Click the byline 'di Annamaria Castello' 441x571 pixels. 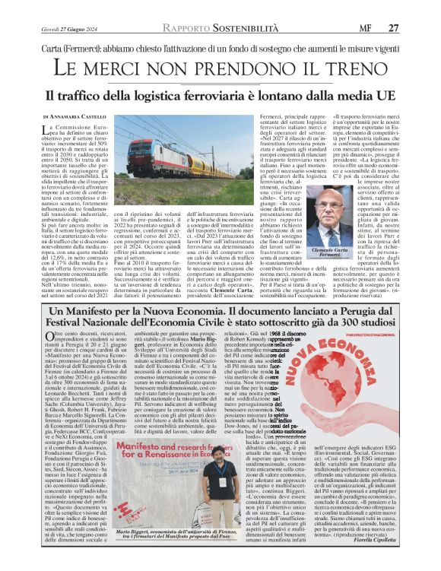(75, 116)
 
